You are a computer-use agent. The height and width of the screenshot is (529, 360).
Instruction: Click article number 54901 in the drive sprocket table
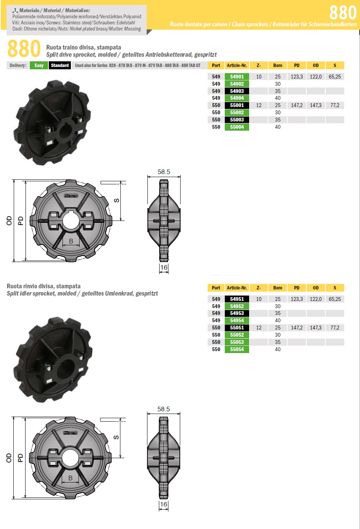tap(237, 77)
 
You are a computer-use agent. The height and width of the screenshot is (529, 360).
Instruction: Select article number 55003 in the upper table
tap(237, 120)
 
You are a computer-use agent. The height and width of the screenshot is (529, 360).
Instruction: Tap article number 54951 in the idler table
tap(237, 299)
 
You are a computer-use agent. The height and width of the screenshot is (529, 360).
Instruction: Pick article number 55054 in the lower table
tap(237, 349)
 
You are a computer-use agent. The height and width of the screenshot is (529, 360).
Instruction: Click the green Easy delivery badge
tap(39, 66)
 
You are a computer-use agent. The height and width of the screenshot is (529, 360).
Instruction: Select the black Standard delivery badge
tap(60, 66)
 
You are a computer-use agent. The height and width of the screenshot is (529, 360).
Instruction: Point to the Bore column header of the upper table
tap(278, 66)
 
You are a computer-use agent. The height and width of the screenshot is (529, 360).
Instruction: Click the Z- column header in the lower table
tap(259, 288)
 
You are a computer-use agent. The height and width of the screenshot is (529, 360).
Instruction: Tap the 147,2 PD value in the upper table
tap(297, 105)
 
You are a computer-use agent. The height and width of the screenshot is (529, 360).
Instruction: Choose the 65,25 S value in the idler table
tap(335, 299)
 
